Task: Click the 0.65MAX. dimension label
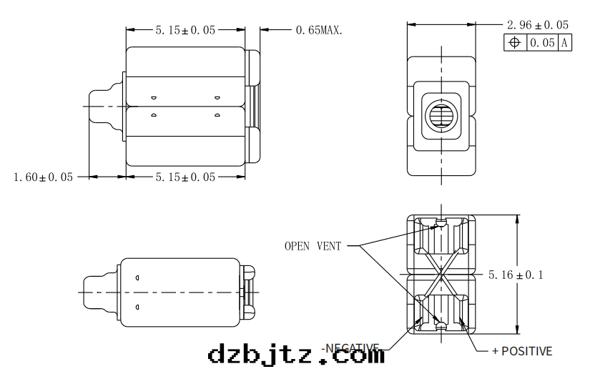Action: (318, 30)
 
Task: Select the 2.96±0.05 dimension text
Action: (537, 25)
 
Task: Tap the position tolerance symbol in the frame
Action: (514, 43)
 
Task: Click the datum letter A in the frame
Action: (564, 43)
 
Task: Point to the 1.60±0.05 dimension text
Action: (43, 177)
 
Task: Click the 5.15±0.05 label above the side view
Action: (185, 30)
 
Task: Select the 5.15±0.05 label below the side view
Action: (185, 177)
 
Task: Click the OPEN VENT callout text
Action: (313, 246)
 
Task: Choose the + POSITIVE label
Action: (521, 351)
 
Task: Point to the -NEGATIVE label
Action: (350, 348)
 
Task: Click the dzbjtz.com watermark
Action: (295, 354)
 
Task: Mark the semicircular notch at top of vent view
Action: (441, 222)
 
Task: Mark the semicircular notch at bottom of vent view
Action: (441, 328)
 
